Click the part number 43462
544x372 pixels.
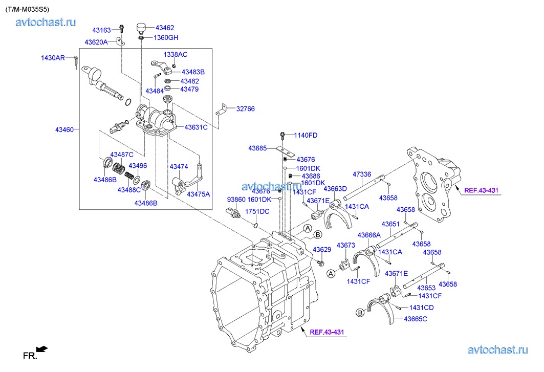point(165,28)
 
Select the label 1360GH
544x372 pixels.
point(166,37)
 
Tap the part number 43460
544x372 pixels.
point(66,129)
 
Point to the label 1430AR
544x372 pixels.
point(53,58)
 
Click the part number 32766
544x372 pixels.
point(245,109)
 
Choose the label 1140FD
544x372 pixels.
point(306,135)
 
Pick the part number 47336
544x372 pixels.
point(362,174)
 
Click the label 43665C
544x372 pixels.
point(416,319)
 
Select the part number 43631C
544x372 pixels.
point(196,127)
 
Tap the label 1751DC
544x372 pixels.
point(257,211)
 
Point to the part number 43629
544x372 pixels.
point(322,250)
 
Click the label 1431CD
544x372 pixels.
point(421,308)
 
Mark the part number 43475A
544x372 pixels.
point(199,194)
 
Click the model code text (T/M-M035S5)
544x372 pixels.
point(28,9)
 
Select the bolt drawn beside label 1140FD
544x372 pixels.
point(282,136)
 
